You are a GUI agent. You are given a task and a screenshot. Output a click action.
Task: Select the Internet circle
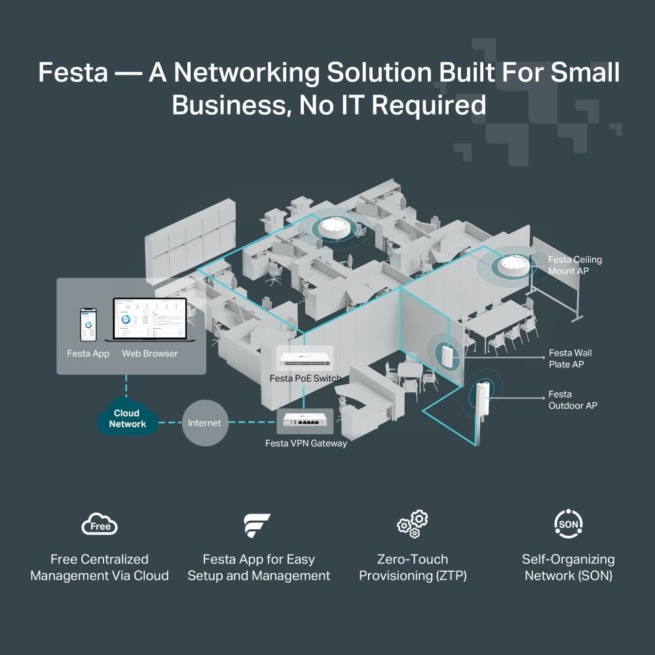click(x=204, y=423)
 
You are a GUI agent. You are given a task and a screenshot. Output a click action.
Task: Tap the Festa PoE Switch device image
click(x=305, y=359)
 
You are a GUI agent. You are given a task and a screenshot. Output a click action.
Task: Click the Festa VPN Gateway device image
click(x=306, y=422)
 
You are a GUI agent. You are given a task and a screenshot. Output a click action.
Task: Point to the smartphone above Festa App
click(x=88, y=325)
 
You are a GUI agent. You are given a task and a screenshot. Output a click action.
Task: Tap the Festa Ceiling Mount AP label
click(x=574, y=265)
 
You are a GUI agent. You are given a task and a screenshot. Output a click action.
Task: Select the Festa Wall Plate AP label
click(x=570, y=358)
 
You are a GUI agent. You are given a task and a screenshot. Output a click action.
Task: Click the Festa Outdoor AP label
click(x=572, y=400)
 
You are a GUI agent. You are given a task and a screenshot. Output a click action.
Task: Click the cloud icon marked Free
click(x=100, y=525)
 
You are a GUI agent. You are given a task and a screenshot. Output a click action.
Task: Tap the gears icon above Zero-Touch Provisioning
click(x=413, y=524)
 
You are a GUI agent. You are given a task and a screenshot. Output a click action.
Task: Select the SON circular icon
click(x=568, y=523)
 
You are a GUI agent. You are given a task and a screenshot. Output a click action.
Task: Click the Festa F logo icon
click(x=257, y=525)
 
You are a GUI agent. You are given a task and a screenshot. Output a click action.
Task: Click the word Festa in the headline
click(x=73, y=72)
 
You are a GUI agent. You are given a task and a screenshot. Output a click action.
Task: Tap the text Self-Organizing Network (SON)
click(x=568, y=567)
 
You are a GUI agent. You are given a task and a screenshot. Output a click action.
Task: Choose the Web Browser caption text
click(x=149, y=354)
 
